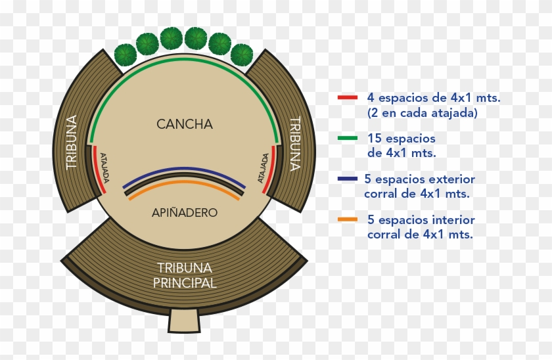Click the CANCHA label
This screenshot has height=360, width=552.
[185, 124]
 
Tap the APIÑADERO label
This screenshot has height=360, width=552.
[185, 213]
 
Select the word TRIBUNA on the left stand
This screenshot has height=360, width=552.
[72, 143]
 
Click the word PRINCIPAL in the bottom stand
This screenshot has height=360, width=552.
[185, 284]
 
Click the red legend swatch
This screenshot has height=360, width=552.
[347, 98]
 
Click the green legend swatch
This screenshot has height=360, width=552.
[347, 139]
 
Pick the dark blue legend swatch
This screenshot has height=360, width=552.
[347, 179]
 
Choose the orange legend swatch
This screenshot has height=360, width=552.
[347, 219]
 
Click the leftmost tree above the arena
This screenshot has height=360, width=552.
[126, 55]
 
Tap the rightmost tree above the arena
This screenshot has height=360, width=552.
[242, 55]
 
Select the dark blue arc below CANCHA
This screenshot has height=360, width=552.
[185, 169]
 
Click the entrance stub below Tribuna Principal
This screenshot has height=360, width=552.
[184, 321]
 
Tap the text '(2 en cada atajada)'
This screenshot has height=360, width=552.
[422, 112]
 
